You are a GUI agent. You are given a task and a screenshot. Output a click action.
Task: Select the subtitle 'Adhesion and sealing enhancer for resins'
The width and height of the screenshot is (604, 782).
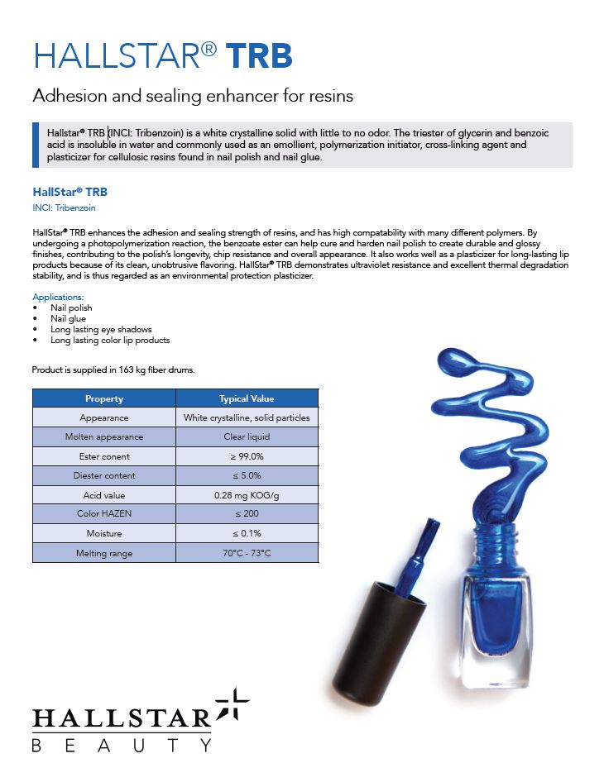[x=193, y=96]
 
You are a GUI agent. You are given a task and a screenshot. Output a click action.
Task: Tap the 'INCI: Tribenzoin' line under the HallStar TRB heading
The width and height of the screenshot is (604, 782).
[x=64, y=208]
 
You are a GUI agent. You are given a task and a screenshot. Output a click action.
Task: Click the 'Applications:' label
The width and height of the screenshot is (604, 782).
[x=58, y=297]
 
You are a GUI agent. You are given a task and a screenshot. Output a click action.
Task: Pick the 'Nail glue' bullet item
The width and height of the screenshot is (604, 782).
[x=68, y=318]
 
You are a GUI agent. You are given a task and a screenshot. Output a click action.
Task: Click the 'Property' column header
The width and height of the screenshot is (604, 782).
[x=104, y=398]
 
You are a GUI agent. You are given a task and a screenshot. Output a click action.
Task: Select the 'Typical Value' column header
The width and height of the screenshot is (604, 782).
[x=247, y=398]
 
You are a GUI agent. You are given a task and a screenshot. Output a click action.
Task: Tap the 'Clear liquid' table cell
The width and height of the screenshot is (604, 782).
[x=247, y=436]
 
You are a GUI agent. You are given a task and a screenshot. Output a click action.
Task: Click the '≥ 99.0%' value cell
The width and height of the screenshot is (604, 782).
[x=247, y=456]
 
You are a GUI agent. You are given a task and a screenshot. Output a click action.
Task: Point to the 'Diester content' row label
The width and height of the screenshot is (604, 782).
[x=104, y=475]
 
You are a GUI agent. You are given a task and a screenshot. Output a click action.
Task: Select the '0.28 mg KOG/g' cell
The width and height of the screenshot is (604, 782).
[x=247, y=495]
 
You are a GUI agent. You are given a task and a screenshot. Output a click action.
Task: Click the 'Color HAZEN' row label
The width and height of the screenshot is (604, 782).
[x=104, y=514]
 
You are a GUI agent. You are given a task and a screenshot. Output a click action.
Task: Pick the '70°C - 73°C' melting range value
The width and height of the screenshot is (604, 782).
[x=247, y=553]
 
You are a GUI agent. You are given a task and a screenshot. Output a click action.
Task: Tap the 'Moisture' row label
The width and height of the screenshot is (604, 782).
[x=104, y=533]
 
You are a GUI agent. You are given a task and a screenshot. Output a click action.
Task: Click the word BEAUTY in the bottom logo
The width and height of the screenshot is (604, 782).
[x=122, y=745]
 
